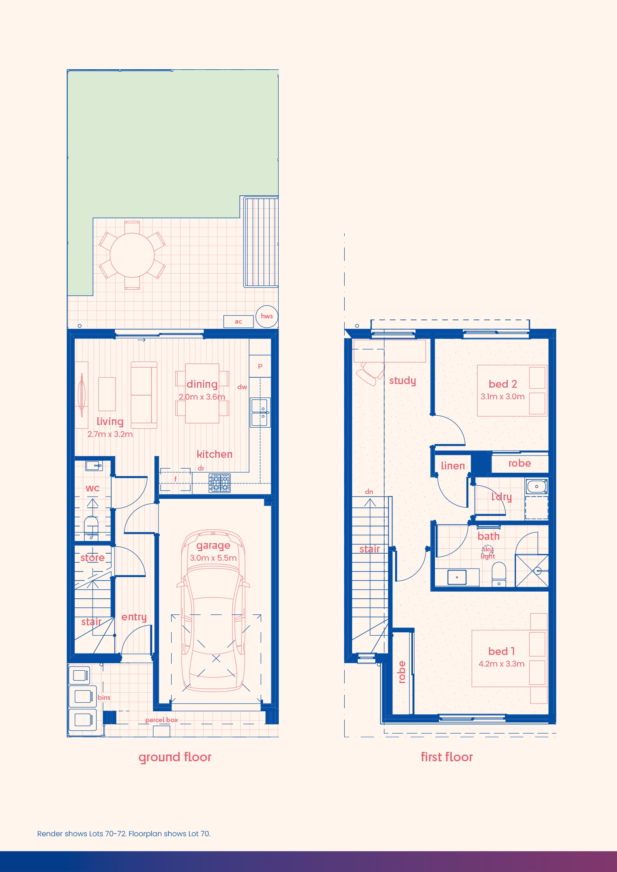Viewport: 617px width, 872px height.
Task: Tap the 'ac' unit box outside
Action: click(x=238, y=321)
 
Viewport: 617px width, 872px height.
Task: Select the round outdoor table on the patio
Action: click(x=132, y=255)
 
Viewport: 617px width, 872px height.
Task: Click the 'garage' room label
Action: click(x=213, y=546)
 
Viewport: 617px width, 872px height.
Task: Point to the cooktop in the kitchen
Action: click(x=220, y=483)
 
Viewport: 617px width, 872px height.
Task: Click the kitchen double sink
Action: click(x=260, y=412)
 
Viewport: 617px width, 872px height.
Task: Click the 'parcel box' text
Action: click(x=162, y=720)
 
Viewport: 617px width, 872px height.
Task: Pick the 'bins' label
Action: click(x=104, y=697)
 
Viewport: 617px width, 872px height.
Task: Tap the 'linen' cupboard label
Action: click(x=453, y=466)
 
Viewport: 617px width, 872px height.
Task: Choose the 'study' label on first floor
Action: click(x=403, y=381)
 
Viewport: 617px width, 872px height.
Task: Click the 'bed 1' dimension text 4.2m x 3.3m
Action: click(x=501, y=664)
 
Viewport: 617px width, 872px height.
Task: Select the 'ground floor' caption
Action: click(x=175, y=757)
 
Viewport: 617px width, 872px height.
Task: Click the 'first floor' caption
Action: click(x=447, y=757)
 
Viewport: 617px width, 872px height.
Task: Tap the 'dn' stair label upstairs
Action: click(x=369, y=491)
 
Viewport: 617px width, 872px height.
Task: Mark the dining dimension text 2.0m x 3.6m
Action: click(x=202, y=397)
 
